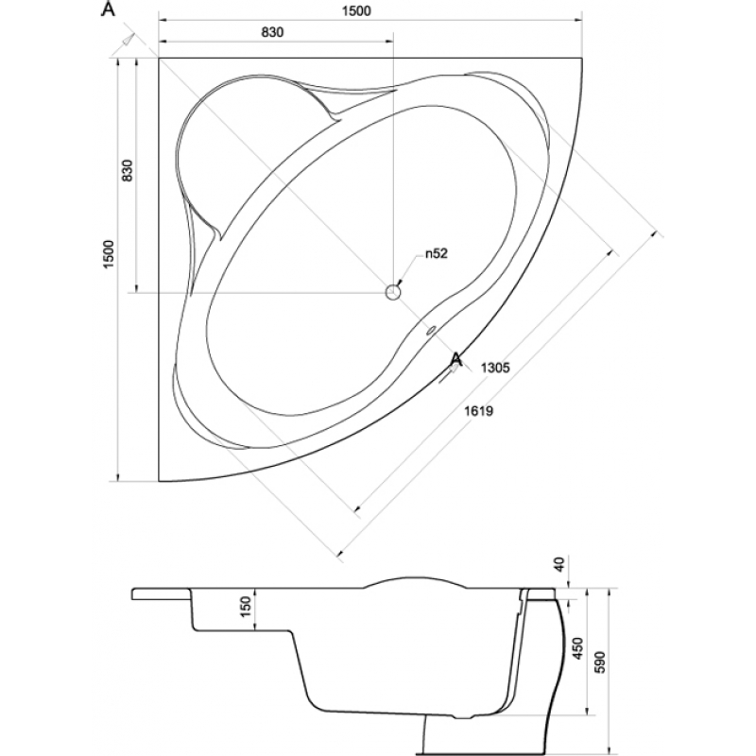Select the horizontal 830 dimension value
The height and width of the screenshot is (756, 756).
point(272,31)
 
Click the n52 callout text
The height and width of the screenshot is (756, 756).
point(435,253)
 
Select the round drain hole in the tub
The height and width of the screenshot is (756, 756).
point(394,292)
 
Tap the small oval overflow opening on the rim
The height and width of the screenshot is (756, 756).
point(430,331)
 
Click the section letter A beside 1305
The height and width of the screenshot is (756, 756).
point(456,358)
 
